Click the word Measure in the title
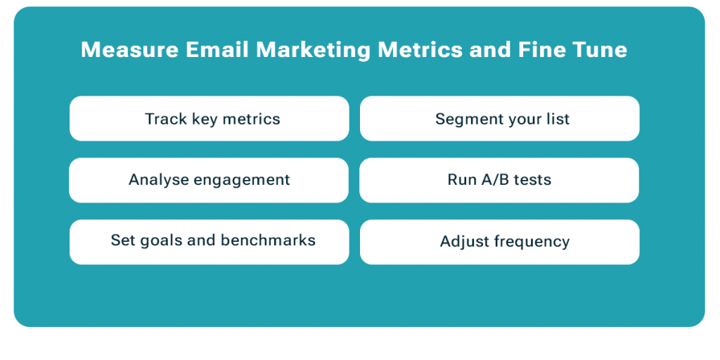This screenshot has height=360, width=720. (129, 50)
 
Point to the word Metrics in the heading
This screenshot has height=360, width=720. (420, 50)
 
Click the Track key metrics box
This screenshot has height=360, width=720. (210, 118)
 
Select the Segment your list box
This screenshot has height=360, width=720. (500, 118)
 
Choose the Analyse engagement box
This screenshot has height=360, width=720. (209, 180)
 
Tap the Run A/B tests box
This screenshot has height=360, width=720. (499, 180)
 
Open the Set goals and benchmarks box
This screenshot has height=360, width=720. (210, 242)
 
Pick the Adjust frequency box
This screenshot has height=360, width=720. (500, 242)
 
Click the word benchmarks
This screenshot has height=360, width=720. (268, 240)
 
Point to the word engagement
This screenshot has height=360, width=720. (242, 181)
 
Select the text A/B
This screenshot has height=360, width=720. (495, 179)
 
